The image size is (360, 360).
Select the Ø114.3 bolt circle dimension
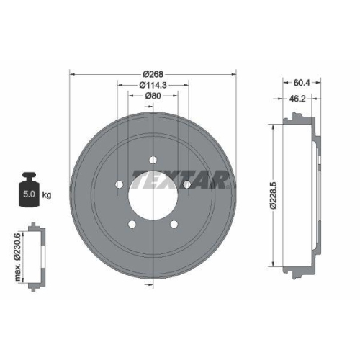153,85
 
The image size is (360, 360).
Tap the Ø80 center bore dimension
153,96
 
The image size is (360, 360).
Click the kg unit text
47,194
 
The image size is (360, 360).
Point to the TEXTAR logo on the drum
180,178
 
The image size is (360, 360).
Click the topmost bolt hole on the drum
153,161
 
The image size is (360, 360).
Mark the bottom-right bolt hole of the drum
174,225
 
